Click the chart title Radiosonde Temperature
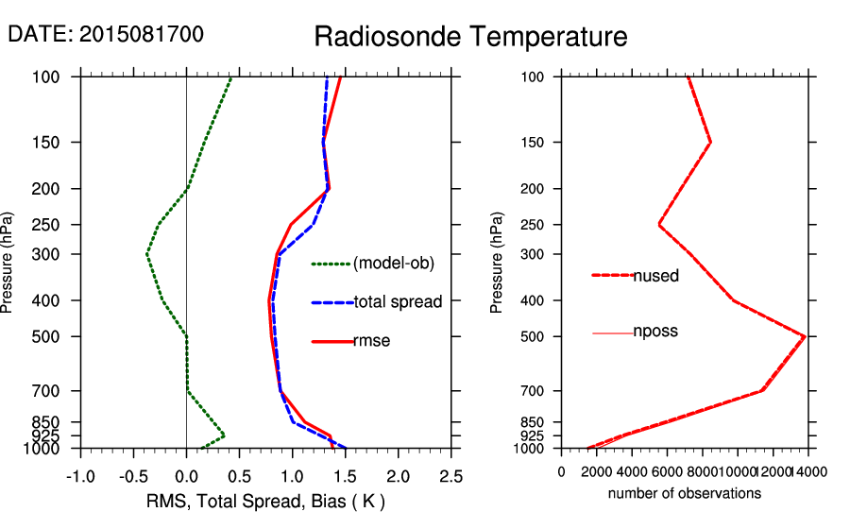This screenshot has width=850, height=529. coord(470,37)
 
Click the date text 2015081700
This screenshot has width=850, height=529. coord(142,35)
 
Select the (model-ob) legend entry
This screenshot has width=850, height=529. coord(393,264)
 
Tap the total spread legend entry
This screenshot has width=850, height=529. coord(398,302)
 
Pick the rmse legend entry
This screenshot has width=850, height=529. coord(371,341)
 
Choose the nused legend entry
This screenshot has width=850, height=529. coord(655,276)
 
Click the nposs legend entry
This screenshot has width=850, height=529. coord(655,332)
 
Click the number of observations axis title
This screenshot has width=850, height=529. coord(685,493)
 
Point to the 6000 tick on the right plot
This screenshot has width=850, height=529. coord(667,471)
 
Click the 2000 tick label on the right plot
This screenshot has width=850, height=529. coord(597,471)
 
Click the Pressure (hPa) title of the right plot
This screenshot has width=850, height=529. coord(497,263)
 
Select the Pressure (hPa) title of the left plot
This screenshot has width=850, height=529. coord(8,263)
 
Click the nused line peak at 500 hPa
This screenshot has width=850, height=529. coord(805,335)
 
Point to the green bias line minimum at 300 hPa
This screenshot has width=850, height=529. coord(147,254)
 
